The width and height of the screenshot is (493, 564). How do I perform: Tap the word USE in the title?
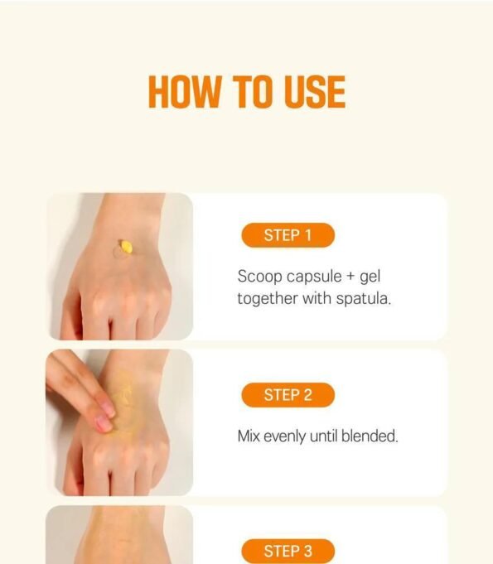[x=315, y=92]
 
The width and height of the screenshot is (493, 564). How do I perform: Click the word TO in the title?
[x=252, y=92]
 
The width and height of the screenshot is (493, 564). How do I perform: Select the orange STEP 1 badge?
[x=288, y=235]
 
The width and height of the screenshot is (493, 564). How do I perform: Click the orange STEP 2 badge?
[x=288, y=395]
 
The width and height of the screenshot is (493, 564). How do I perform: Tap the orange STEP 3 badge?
[x=288, y=551]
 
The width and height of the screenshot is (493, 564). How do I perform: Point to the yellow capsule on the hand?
[x=126, y=247]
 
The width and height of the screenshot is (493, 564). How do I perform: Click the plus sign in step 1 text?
[x=350, y=277]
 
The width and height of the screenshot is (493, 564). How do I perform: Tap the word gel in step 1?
[x=370, y=277]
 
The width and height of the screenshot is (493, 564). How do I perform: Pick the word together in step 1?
[x=268, y=299]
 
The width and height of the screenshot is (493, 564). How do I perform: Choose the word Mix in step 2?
[x=249, y=436]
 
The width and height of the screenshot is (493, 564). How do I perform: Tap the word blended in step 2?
[x=369, y=436]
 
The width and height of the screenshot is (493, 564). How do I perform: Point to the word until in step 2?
[x=323, y=436]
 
